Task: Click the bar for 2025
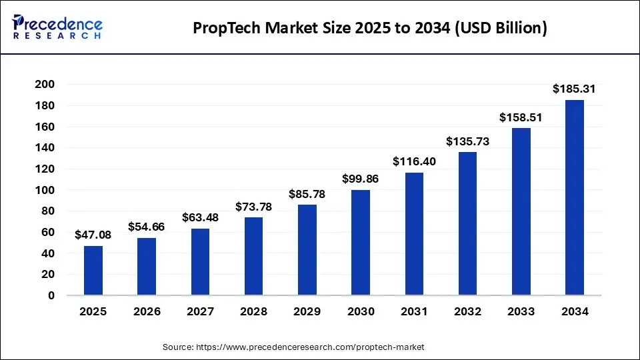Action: (x=93, y=271)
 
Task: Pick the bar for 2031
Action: (x=414, y=234)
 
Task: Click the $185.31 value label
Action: (x=574, y=89)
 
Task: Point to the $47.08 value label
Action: (x=93, y=235)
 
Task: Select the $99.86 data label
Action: (x=361, y=179)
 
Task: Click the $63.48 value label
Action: (x=200, y=217)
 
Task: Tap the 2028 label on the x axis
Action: (x=253, y=311)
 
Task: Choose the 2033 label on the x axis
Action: (x=521, y=311)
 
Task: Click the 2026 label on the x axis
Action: (x=147, y=311)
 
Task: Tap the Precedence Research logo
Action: (x=57, y=27)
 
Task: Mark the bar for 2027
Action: (x=200, y=262)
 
